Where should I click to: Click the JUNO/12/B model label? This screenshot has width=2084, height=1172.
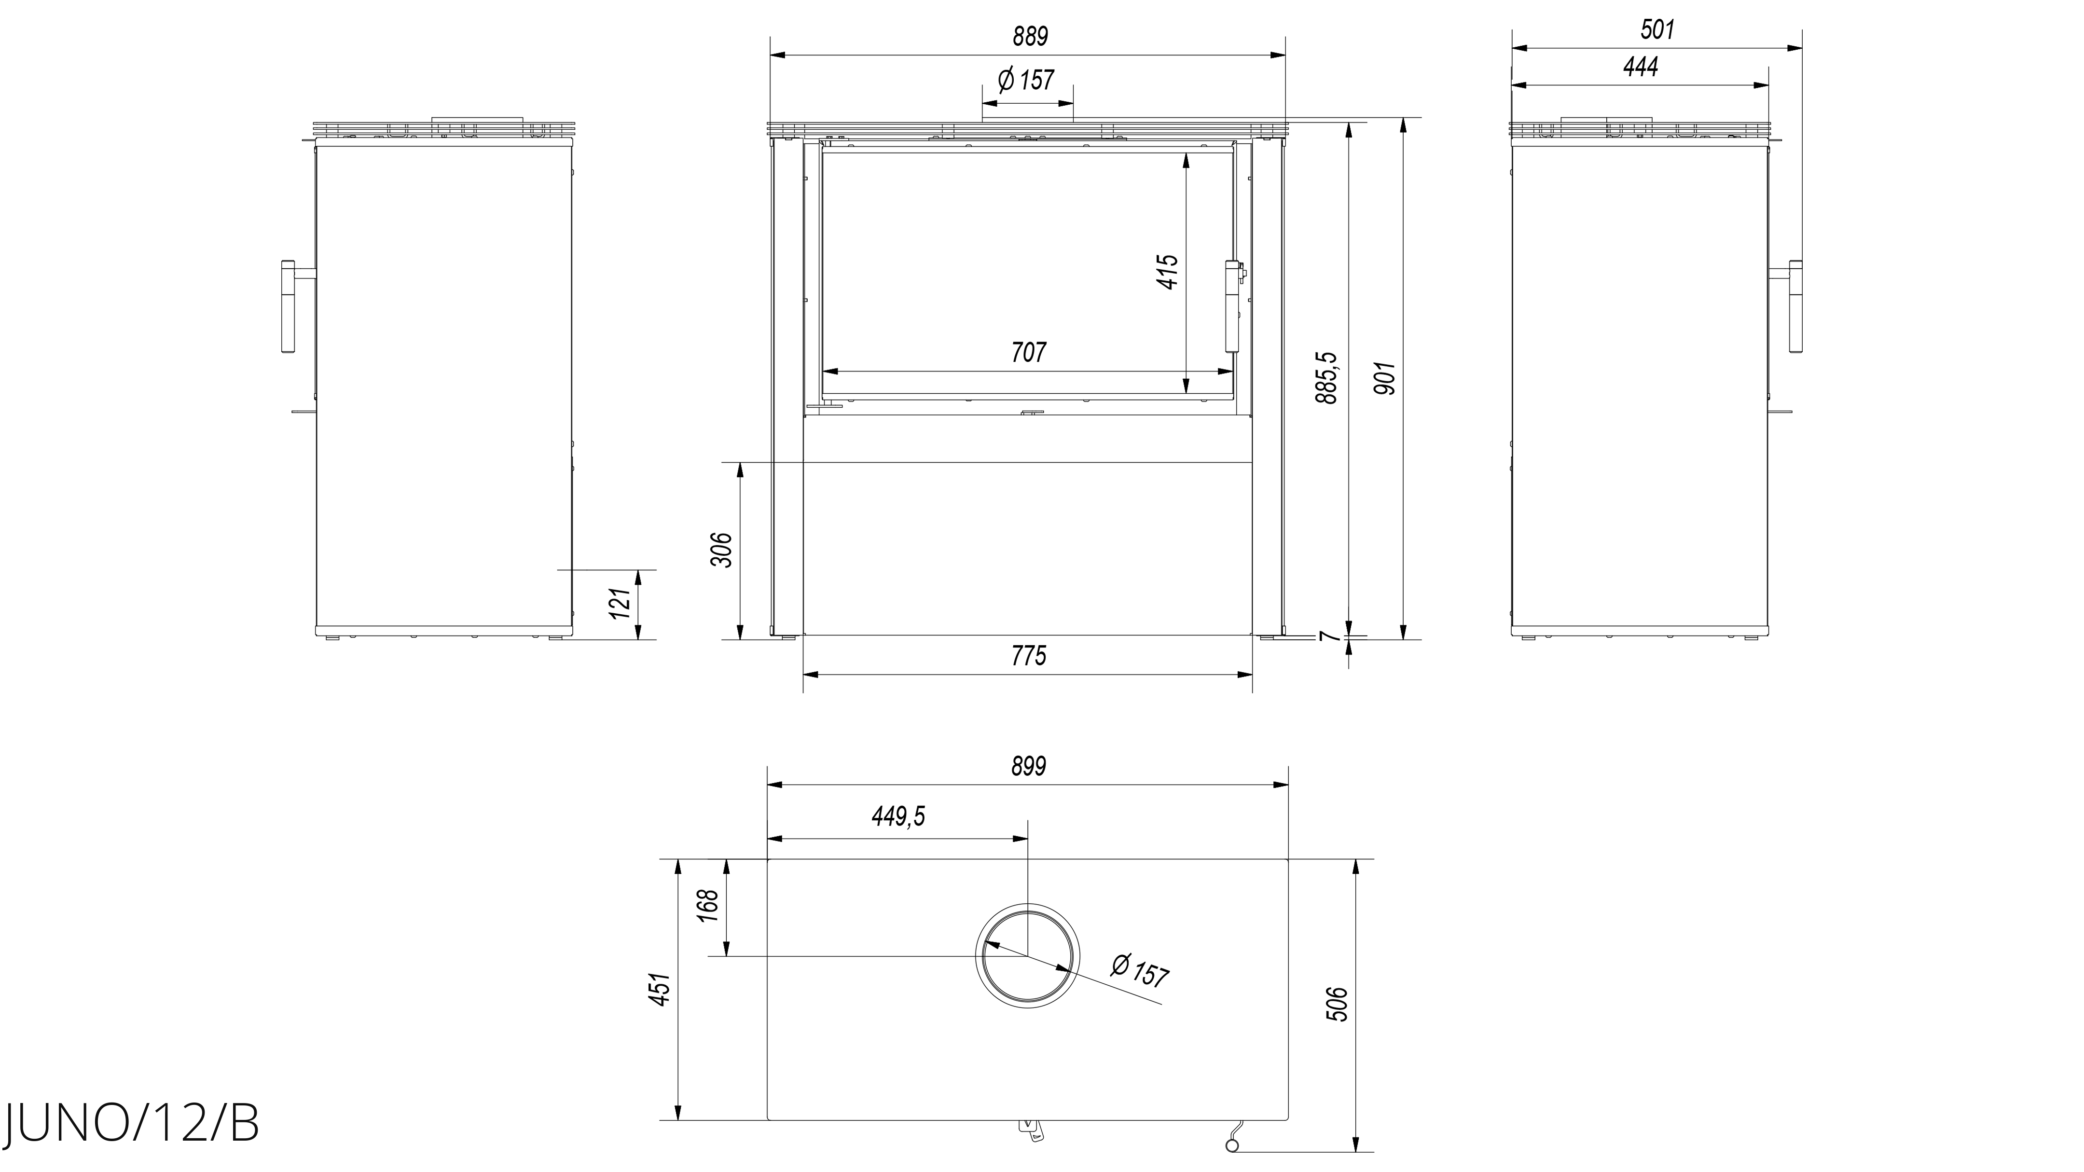pyautogui.click(x=131, y=1123)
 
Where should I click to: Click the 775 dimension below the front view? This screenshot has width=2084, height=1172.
pyautogui.click(x=1028, y=655)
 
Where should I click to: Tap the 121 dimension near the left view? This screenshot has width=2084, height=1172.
pyautogui.click(x=619, y=604)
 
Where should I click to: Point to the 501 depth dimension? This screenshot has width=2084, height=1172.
pyautogui.click(x=1657, y=29)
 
